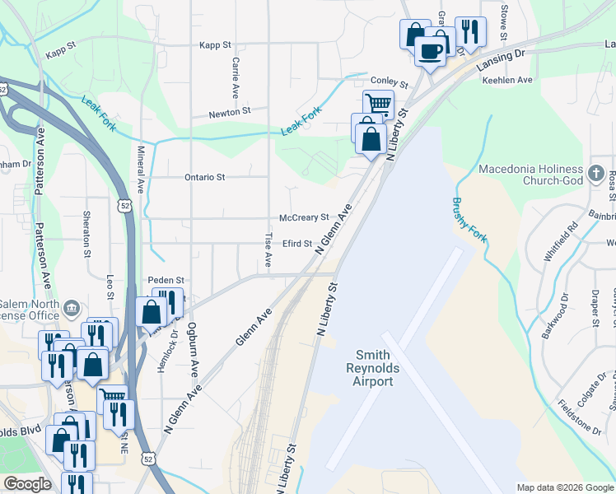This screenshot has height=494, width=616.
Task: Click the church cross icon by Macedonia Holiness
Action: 597,174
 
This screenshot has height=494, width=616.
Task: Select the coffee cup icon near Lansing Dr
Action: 430,52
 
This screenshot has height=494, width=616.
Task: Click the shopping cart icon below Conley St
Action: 377,105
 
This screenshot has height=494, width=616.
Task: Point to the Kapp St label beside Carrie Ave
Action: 212,44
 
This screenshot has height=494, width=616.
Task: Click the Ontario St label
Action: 205,177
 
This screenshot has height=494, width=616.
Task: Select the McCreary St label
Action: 304,217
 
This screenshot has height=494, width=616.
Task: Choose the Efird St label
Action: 297,244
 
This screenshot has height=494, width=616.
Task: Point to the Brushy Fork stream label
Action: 469,221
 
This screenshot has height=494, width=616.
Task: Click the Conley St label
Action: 389,83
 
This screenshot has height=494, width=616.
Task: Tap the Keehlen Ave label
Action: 507,80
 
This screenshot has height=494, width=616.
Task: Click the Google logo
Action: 27,483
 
